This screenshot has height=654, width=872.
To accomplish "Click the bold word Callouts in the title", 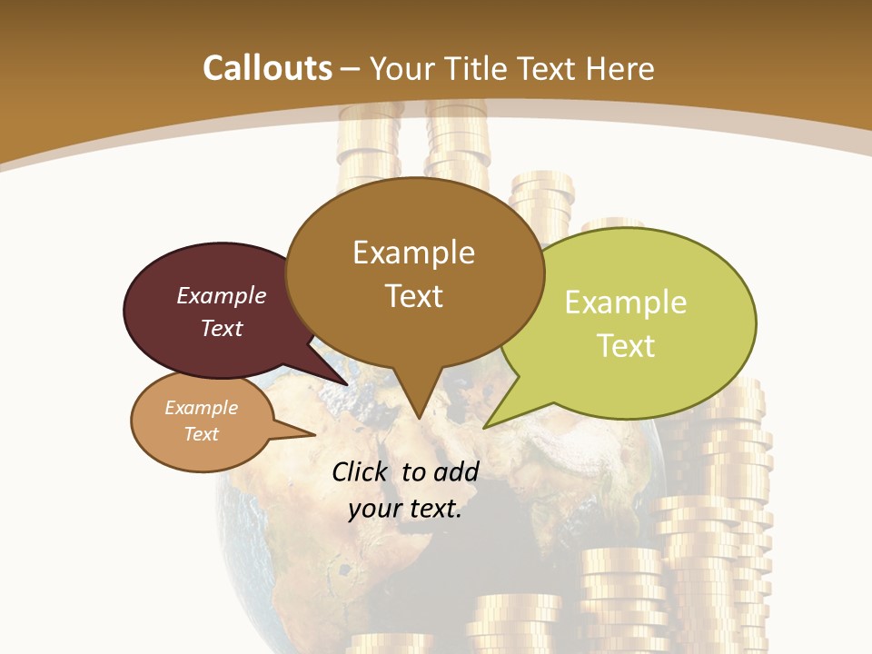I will [x=267, y=68].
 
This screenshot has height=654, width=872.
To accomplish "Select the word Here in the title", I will [x=621, y=68].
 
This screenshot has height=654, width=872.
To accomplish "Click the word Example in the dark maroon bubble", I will [x=222, y=295].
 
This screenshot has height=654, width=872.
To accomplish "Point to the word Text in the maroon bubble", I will [x=222, y=328].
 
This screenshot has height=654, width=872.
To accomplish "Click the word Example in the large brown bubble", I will [x=413, y=253].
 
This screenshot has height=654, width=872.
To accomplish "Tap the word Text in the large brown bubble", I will [x=413, y=296].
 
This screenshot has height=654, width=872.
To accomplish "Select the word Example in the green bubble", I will [x=626, y=302].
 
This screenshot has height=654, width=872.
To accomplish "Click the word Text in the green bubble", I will [x=626, y=346].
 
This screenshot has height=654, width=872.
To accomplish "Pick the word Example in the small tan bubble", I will [x=202, y=408].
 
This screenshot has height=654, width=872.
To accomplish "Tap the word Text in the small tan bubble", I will [x=202, y=434].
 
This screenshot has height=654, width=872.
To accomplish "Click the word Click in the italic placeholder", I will [x=362, y=471].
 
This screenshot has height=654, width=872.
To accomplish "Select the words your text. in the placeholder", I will [x=405, y=509].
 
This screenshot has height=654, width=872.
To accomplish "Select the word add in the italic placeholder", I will [x=456, y=471].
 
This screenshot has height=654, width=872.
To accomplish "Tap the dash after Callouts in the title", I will [x=351, y=69].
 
